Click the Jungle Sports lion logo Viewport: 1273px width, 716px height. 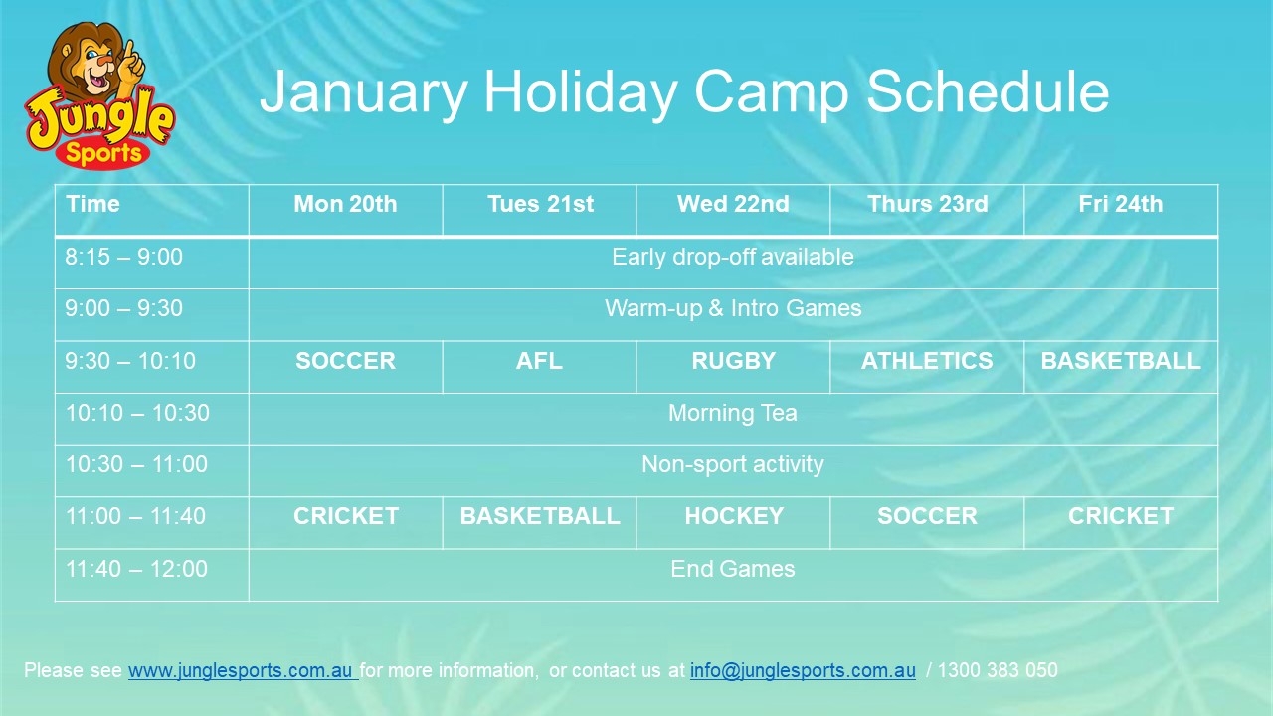(99, 97)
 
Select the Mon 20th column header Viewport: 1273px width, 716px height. (345, 205)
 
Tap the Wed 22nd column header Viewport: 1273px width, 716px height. (733, 205)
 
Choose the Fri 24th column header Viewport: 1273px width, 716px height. (1120, 205)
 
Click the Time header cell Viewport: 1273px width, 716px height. (93, 205)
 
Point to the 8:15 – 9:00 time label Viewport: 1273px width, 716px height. (124, 258)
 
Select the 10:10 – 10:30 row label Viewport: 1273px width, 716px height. (137, 413)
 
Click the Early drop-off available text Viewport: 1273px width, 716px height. (732, 258)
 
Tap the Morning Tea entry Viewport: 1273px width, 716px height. (732, 413)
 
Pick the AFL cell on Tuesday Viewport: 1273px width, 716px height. (539, 361)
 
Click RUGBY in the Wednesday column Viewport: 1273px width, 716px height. (733, 361)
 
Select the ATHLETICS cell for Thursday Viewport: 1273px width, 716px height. (926, 361)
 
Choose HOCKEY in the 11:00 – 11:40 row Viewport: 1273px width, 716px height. (733, 516)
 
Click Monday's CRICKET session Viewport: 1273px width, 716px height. (345, 516)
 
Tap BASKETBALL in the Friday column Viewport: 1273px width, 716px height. (1120, 361)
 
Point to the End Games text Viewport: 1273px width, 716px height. (732, 569)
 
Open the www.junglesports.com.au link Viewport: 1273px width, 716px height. (241, 671)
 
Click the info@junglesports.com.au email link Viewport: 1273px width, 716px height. (803, 671)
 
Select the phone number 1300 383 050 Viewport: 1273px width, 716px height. (998, 671)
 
